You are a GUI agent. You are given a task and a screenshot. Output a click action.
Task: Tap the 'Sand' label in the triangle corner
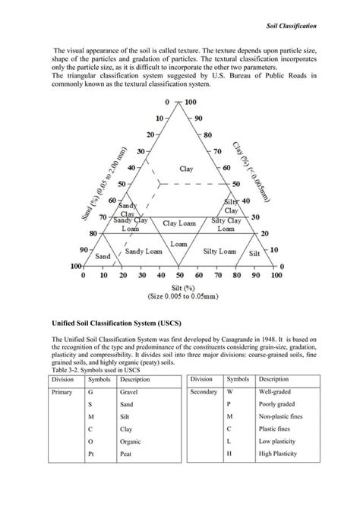tap(103, 257)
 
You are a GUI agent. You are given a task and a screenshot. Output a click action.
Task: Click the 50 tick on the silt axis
tap(179, 277)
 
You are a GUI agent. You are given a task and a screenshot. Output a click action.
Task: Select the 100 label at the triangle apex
tap(190, 102)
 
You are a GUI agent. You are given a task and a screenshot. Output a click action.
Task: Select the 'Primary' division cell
tap(62, 393)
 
